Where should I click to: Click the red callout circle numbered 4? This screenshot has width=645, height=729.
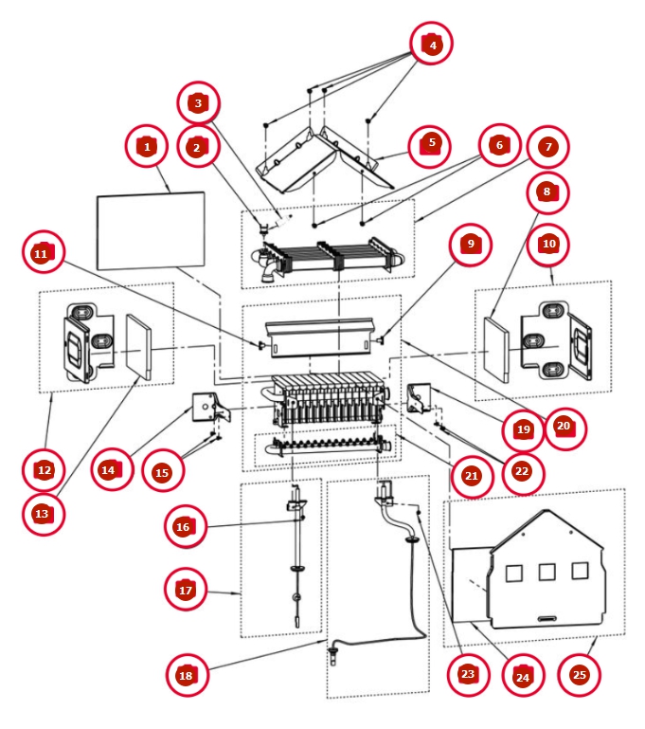tap(432, 44)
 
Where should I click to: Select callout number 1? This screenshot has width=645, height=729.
tap(147, 146)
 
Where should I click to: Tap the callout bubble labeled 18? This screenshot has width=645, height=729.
tap(187, 675)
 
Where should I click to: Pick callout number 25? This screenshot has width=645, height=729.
tap(579, 675)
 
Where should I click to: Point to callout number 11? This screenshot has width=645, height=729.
tap(44, 253)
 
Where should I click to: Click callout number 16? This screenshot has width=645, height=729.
tap(186, 526)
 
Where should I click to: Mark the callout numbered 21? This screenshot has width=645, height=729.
tap(472, 476)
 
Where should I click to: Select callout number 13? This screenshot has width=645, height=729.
tap(44, 513)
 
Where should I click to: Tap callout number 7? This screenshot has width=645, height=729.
tap(548, 147)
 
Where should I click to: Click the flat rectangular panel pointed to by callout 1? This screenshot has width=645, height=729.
tap(151, 230)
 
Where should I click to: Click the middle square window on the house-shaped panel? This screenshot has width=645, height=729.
tap(546, 572)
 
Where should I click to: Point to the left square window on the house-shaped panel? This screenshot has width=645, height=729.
tap(513, 574)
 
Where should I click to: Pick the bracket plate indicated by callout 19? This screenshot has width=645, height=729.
tap(420, 398)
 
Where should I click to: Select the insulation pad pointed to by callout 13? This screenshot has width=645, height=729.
tap(139, 347)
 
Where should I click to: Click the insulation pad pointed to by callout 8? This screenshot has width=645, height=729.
tap(496, 350)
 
